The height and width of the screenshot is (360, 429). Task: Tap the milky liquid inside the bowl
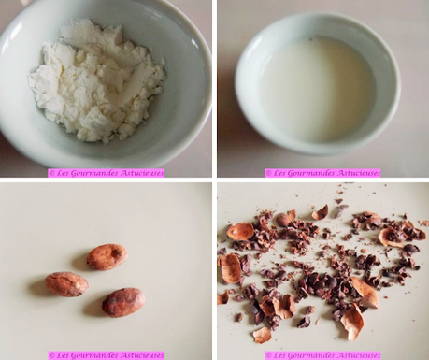(317, 90)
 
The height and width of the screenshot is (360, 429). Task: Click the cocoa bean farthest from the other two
(107, 255)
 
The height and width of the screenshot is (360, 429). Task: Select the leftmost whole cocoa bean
(66, 283)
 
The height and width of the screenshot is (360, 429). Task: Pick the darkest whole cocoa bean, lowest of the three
(123, 302)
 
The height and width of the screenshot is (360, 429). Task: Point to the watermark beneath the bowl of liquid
(322, 173)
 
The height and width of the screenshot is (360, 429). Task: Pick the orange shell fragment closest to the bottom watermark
(263, 334)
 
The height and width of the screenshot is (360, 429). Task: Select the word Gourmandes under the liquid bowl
(315, 173)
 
